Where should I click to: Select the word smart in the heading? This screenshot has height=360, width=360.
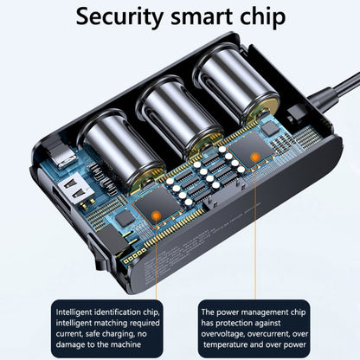[x=202, y=17]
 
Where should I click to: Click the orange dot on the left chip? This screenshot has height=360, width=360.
[x=156, y=215]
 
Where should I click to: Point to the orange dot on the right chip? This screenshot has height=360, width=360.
[x=255, y=157]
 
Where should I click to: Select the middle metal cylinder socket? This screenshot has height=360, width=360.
[x=178, y=115]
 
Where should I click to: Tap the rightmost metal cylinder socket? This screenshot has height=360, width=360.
[x=236, y=84]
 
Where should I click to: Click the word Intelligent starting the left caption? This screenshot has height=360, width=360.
[x=74, y=312]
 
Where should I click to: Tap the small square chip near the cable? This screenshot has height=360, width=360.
[x=270, y=128]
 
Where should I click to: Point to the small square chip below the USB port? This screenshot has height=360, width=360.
[x=125, y=218]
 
